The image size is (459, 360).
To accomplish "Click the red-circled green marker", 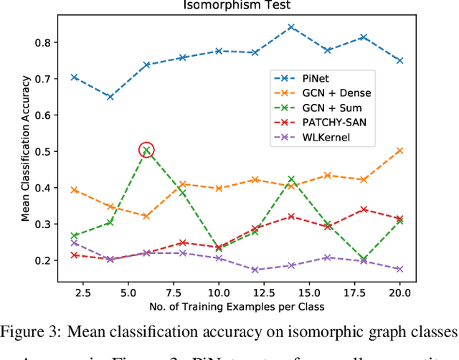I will [x=146, y=151].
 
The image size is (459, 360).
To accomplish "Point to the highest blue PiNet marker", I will [x=291, y=27].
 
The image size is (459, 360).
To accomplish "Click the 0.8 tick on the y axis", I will [x=43, y=42].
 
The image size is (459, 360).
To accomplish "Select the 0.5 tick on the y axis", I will [x=43, y=151].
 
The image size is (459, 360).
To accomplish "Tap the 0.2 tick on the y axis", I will [x=43, y=260].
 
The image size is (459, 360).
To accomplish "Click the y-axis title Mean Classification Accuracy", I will [x=26, y=151].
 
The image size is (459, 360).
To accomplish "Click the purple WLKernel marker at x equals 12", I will [x=255, y=270].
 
